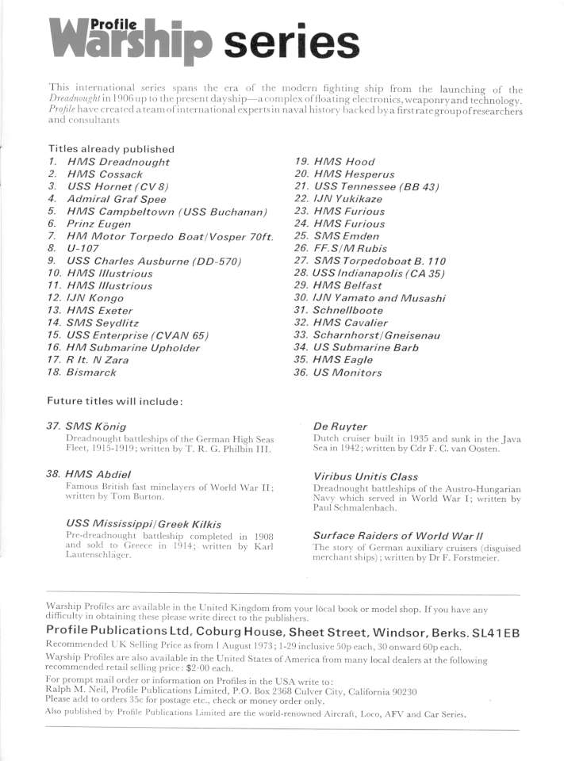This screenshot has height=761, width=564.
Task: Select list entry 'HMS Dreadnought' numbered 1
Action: pyautogui.click(x=118, y=162)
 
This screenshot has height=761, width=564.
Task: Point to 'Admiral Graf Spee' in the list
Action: pyautogui.click(x=117, y=199)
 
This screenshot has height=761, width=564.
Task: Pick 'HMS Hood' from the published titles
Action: pyautogui.click(x=344, y=162)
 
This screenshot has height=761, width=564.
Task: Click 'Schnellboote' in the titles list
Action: pyautogui.click(x=350, y=311)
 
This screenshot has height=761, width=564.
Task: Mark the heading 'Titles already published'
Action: pyautogui.click(x=111, y=149)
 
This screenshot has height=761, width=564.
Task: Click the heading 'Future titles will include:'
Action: pyautogui.click(x=116, y=401)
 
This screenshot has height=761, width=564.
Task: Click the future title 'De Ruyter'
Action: pyautogui.click(x=340, y=426)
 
